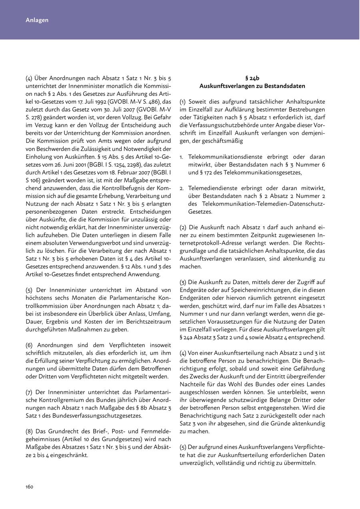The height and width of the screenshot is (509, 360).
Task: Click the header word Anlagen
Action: [x=37, y=20]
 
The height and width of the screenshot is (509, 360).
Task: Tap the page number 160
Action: [x=29, y=487]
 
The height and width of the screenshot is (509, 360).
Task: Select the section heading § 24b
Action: [x=252, y=78]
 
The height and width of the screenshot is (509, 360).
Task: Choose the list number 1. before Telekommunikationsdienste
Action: [x=182, y=157]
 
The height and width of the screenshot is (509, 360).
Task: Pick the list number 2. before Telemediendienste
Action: [x=182, y=188]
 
